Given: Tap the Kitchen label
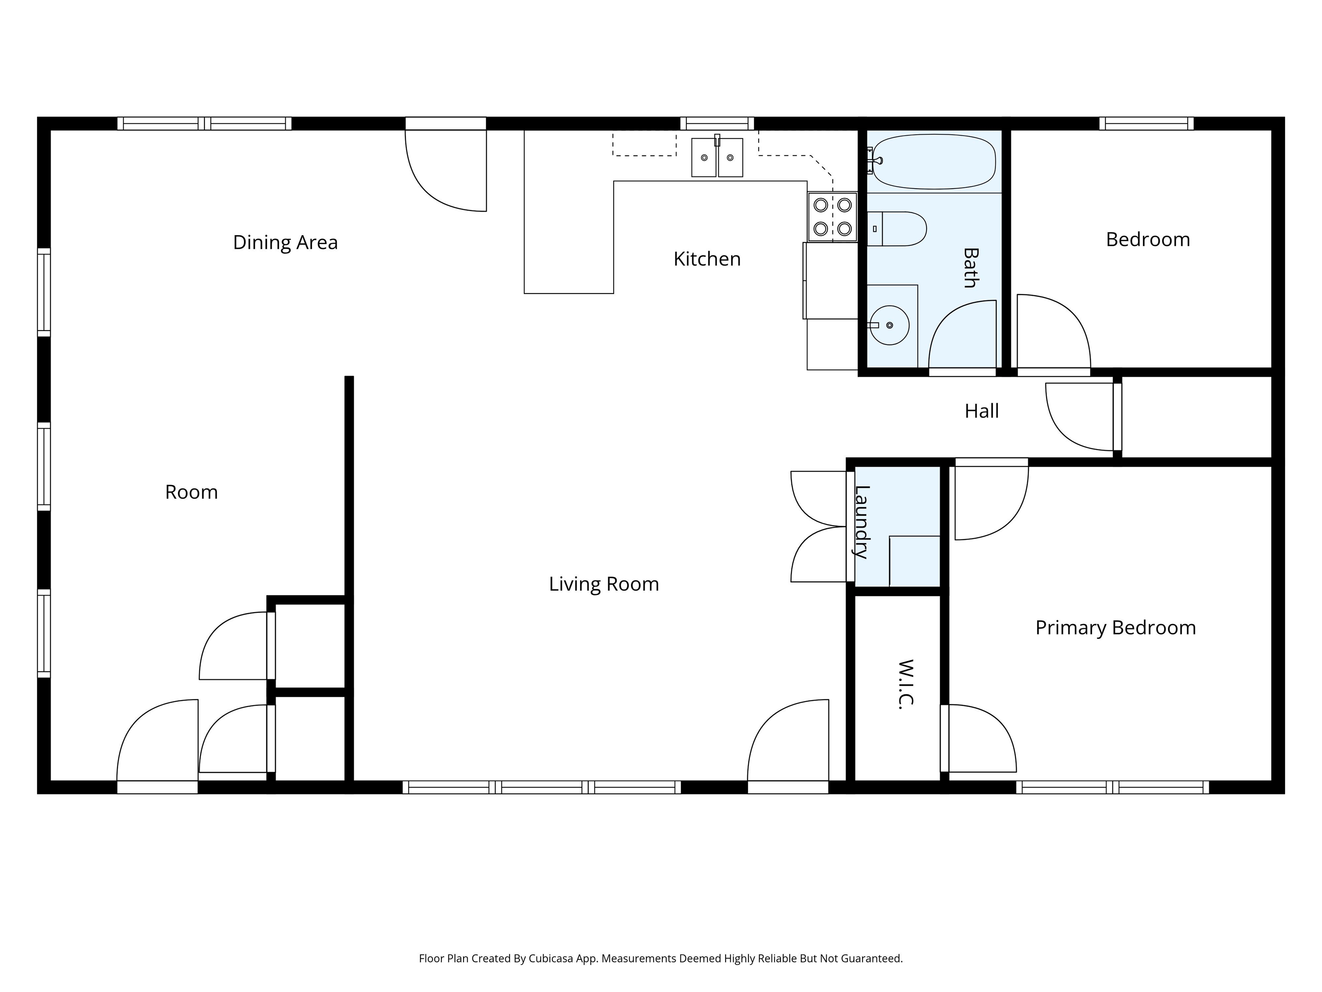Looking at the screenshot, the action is (707, 259).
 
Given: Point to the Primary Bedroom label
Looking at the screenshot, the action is (1115, 628).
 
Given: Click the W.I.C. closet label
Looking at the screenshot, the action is (906, 684).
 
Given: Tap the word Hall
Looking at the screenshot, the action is (981, 411).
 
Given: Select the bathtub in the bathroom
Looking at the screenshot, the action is (933, 161).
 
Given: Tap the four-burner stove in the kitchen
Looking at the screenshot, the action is (833, 217).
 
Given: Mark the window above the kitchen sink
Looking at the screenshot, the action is (717, 124).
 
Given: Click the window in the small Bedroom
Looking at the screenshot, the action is (1146, 124).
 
